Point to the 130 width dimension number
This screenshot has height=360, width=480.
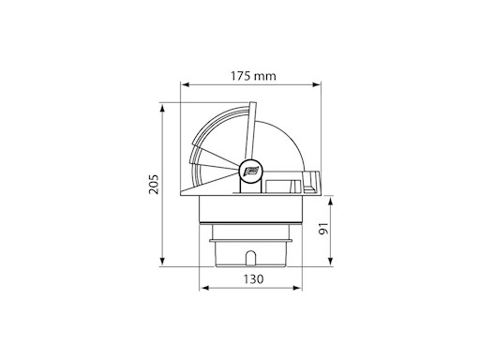tap(252, 279)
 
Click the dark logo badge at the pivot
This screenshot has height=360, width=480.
tap(251, 172)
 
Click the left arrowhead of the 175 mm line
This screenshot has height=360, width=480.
tap(186, 85)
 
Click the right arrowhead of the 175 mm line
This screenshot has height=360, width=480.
tap(319, 85)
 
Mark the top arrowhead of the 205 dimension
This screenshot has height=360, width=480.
tap(167, 106)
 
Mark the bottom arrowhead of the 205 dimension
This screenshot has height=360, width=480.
tap(167, 264)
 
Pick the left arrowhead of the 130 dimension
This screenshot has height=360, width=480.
tap(204, 292)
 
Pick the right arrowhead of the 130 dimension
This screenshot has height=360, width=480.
tap(298, 292)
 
